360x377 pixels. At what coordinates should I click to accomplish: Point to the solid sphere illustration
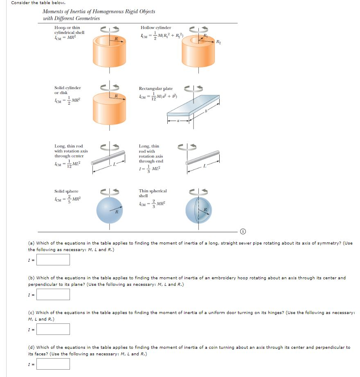pos(109,210)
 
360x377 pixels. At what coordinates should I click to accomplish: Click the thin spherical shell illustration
pos(199,210)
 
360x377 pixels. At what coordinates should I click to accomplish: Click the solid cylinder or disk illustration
pos(109,107)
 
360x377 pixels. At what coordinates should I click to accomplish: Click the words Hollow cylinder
pos(156,28)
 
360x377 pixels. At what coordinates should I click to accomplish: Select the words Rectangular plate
pos(155,89)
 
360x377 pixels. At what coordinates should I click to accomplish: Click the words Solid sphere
pos(66,191)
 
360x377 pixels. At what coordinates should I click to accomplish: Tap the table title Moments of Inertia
pos(99,11)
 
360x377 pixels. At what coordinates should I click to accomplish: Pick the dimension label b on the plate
pos(207,110)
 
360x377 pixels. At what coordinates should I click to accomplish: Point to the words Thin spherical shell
pos(153,193)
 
